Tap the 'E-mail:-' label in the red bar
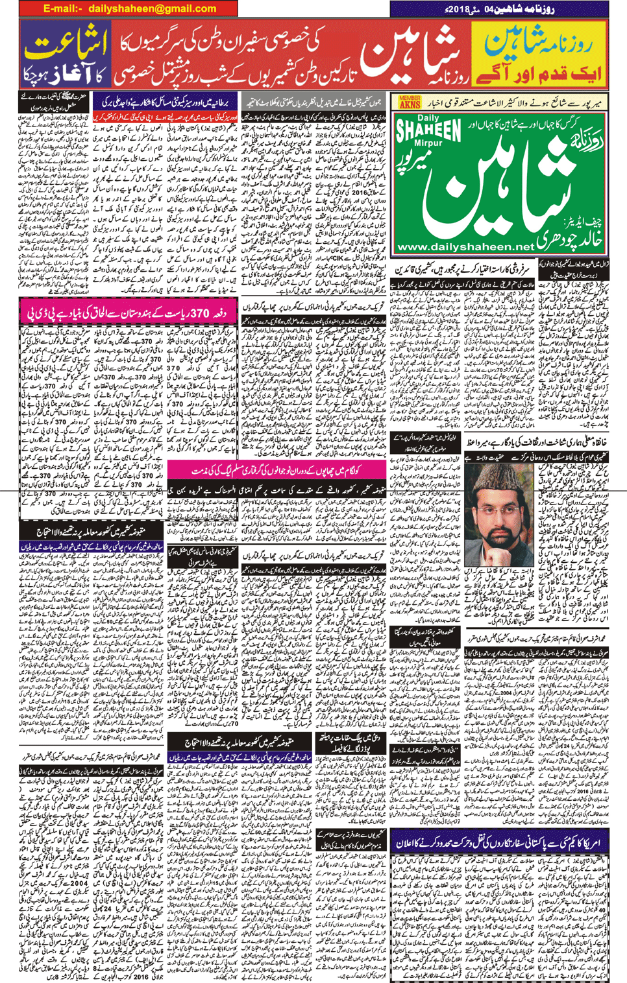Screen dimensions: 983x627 coord(63,8)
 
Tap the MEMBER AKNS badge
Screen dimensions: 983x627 coord(410,101)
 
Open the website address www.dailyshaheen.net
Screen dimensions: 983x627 coord(465,246)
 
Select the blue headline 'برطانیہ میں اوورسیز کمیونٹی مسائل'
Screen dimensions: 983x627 coord(166,102)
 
